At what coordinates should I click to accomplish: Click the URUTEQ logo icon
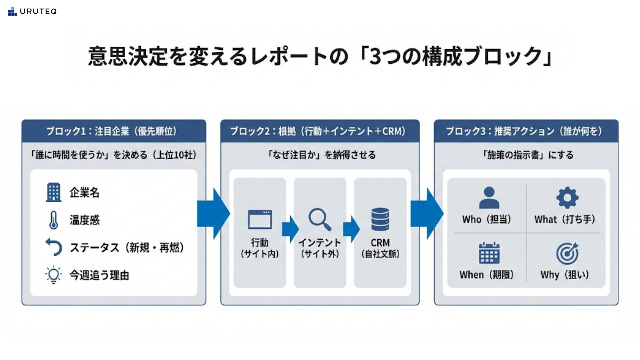12,11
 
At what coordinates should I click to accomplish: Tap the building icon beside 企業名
54,192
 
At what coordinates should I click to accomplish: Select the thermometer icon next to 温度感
54,220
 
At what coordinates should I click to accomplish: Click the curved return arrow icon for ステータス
54,247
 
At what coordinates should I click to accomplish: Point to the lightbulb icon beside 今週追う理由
54,275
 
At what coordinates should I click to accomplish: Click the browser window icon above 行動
260,219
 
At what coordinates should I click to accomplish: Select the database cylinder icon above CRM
380,219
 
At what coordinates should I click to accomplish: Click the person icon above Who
489,198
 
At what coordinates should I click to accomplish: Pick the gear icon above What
567,198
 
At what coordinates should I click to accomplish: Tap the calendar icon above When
489,253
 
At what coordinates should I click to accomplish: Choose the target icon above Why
567,253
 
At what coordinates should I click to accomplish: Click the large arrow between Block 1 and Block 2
214,214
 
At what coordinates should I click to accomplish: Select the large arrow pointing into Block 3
427,214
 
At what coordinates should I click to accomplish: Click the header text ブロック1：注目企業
88,131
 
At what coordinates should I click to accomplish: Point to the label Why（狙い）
565,275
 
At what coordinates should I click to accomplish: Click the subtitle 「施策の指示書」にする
528,155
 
